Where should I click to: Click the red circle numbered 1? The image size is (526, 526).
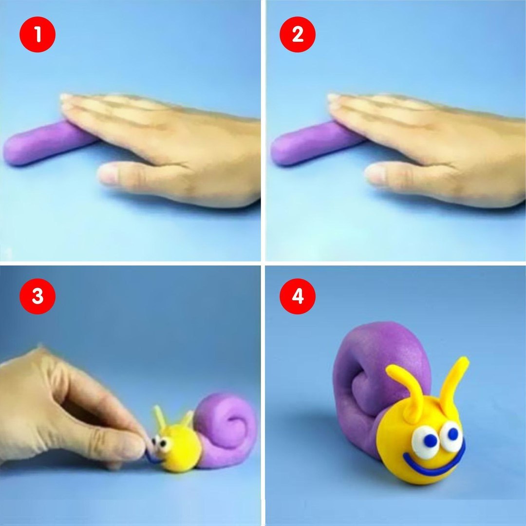pyautogui.click(x=38, y=34)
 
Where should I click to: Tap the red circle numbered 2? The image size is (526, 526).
pyautogui.click(x=298, y=34)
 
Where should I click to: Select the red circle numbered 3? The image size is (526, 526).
pyautogui.click(x=38, y=296)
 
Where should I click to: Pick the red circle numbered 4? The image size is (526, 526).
pyautogui.click(x=298, y=296)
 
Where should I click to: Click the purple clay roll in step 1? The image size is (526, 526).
pyautogui.click(x=47, y=144)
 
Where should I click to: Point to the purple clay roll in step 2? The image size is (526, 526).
pyautogui.click(x=314, y=144)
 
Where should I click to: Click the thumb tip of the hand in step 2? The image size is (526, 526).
pyautogui.click(x=374, y=173)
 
